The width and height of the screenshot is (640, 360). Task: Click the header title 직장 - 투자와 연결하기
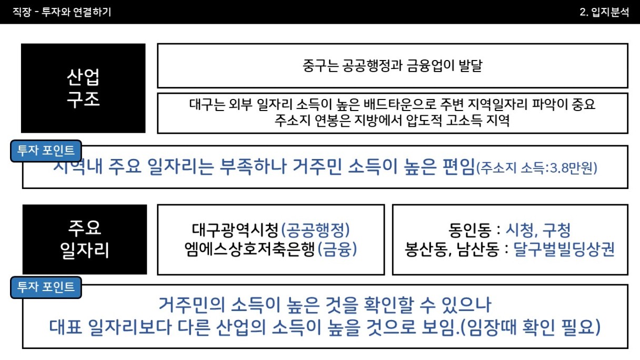point(62,12)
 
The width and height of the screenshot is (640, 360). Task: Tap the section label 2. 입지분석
point(604,12)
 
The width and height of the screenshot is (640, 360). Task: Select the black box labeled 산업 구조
point(83,88)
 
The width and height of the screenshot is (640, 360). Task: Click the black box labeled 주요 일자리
point(85,239)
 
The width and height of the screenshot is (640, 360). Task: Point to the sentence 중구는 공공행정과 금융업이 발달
point(392,66)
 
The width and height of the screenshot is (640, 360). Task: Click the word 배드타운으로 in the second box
point(400,104)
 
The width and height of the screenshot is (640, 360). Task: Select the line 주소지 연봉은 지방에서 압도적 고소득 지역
point(392,121)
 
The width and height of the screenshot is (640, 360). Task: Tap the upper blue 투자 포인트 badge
point(46,151)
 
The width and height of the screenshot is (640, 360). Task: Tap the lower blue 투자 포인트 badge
point(46,287)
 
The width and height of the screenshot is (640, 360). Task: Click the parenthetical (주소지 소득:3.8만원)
point(536,168)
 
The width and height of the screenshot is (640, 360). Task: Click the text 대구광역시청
point(235,229)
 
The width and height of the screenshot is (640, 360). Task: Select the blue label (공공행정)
point(315,229)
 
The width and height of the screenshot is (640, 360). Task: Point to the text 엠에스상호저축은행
point(249,249)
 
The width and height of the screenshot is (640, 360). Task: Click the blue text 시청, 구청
point(538,230)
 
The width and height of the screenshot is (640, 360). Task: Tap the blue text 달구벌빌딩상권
point(564,249)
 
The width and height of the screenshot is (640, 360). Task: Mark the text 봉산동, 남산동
point(452,249)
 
